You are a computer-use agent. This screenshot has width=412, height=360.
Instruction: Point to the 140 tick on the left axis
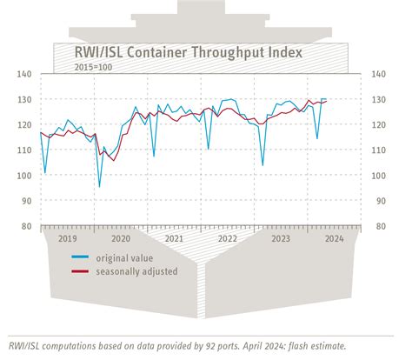pyautogui.click(x=24, y=75)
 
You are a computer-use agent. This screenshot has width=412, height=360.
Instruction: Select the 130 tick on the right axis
pyautogui.click(x=380, y=100)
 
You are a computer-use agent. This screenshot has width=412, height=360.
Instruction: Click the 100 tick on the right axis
pyautogui.click(x=380, y=176)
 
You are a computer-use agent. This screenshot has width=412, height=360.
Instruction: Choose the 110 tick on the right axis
pyautogui.click(x=380, y=150)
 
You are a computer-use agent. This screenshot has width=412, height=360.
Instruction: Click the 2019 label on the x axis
pyautogui.click(x=68, y=237)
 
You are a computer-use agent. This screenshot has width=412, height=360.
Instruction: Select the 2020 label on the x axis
pyautogui.click(x=121, y=237)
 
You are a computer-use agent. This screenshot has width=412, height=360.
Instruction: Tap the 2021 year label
pyautogui.click(x=174, y=237)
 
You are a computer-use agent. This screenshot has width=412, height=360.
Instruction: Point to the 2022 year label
pyautogui.click(x=227, y=237)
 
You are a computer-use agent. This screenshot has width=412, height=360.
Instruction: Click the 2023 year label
pyautogui.click(x=280, y=237)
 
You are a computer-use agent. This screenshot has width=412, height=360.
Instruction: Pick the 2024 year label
pyautogui.click(x=333, y=237)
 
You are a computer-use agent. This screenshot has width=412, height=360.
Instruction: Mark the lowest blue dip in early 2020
pyautogui.click(x=99, y=186)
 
